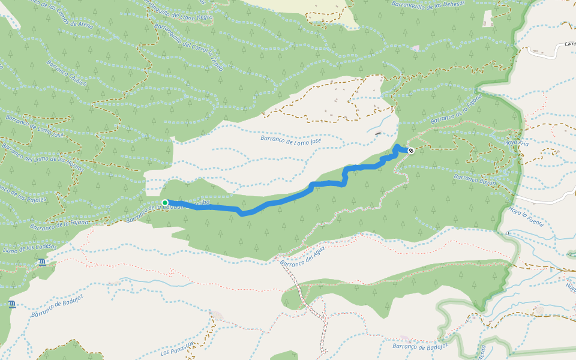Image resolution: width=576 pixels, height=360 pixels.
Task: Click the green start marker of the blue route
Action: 165,203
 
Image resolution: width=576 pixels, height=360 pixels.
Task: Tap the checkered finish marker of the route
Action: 411,151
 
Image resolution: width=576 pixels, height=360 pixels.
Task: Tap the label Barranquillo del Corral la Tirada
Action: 190,48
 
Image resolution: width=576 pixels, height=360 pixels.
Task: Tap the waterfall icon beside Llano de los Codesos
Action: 41,263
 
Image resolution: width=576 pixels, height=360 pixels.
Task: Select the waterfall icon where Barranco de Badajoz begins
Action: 13,305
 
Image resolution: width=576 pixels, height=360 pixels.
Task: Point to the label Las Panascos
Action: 178,349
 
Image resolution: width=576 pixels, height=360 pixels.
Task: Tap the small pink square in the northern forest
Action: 416,48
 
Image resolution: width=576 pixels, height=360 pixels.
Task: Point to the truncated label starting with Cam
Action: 569,44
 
